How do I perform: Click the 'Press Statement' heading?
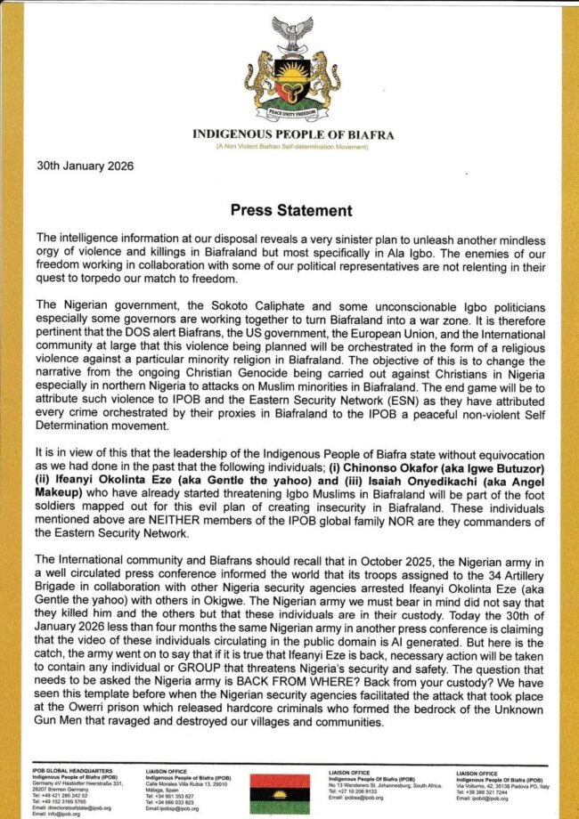[290, 211]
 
